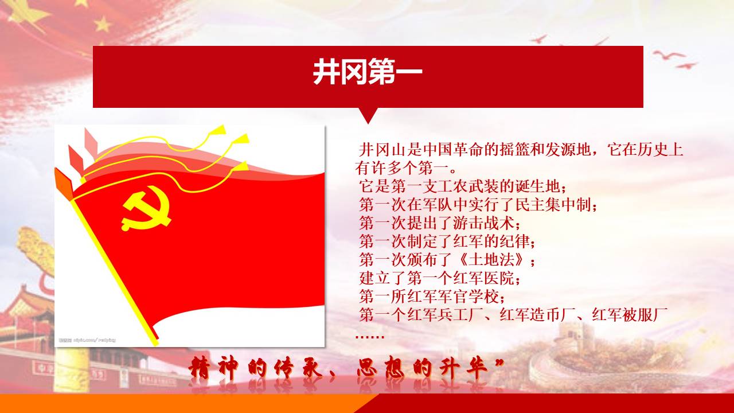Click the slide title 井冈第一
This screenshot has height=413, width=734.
coord(368,72)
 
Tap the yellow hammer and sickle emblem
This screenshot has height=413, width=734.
coord(146,208)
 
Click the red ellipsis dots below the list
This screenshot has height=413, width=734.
coord(370,337)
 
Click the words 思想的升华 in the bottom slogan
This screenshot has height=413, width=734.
coord(423,368)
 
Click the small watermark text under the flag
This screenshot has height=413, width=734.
coord(87,340)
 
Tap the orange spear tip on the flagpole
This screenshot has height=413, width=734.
coord(64,184)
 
